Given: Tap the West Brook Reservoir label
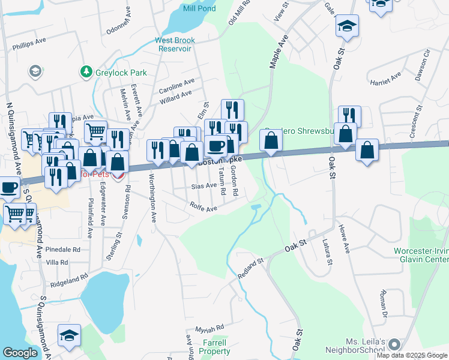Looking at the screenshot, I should (175, 44).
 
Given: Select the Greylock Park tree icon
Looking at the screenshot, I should (86, 73).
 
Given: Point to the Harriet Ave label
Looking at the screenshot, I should (385, 80).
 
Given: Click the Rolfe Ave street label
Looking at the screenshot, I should (203, 208).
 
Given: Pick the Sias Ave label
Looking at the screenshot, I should (203, 186).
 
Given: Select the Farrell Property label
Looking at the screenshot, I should (214, 346).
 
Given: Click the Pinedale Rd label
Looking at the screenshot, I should (62, 249).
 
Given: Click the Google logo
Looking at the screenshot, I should (20, 352).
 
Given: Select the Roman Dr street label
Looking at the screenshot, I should (382, 304).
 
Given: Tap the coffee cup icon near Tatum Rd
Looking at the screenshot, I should (216, 146).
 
